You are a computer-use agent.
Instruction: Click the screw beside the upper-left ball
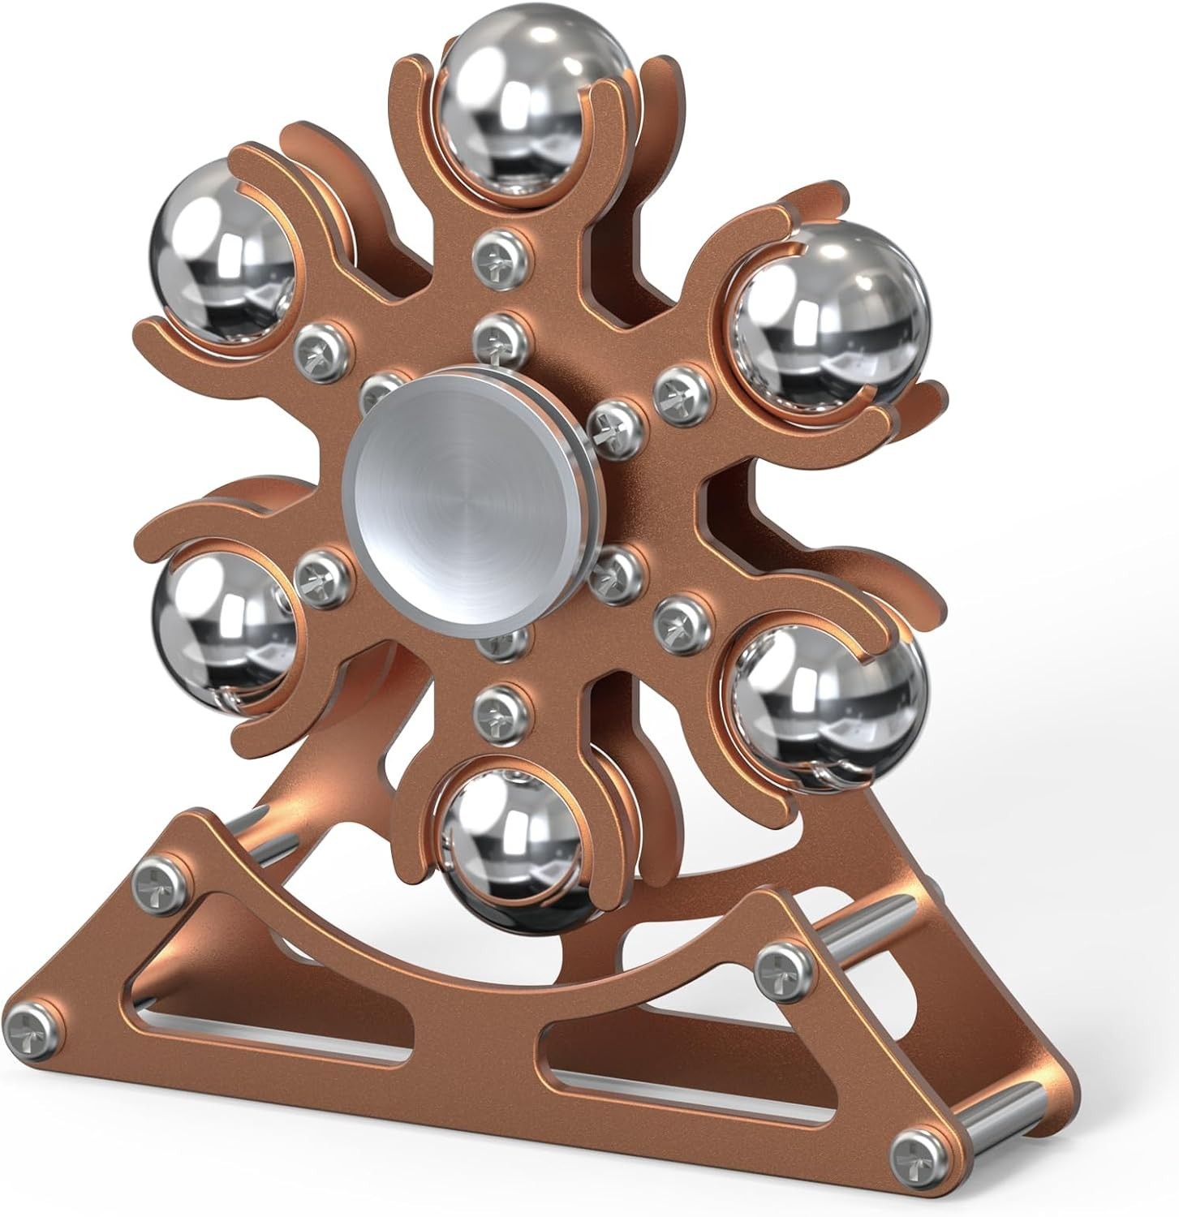tap(318, 346)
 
